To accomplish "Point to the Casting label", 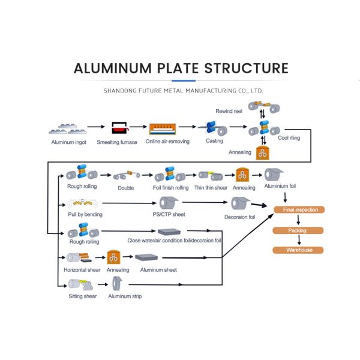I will tap(214, 141).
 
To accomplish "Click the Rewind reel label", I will tap(229, 111).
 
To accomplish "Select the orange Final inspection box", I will tap(299, 209).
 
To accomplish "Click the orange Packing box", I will tap(297, 230).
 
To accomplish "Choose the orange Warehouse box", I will tap(298, 250).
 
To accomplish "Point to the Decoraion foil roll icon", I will tap(238, 204).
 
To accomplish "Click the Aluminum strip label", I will tap(125, 296).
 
